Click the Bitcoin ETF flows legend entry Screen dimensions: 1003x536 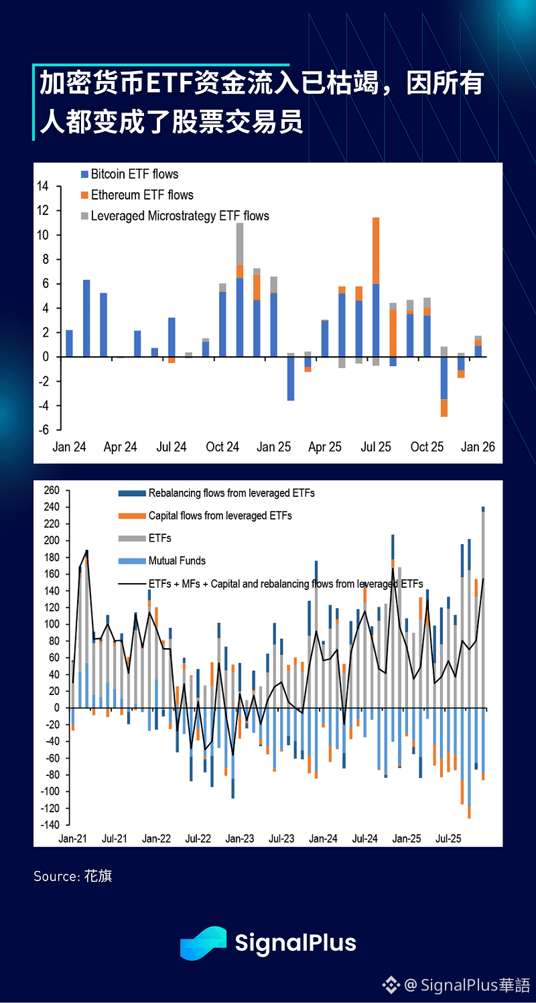(x=134, y=174)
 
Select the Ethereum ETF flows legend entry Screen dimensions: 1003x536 (x=141, y=195)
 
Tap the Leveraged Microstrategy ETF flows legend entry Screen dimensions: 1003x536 (x=180, y=216)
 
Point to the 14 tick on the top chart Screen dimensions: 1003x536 (x=43, y=186)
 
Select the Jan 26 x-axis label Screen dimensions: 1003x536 (x=478, y=447)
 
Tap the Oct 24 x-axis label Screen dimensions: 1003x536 (x=222, y=447)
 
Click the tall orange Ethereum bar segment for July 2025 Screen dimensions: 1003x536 (x=376, y=250)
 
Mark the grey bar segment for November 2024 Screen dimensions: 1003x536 (x=240, y=244)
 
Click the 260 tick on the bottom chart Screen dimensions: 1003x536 (x=52, y=491)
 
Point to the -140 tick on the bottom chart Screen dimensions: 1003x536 (x=50, y=825)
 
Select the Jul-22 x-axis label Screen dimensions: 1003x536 (x=198, y=838)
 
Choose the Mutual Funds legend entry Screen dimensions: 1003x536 (x=177, y=561)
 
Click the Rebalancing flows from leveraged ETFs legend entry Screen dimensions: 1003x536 (x=231, y=493)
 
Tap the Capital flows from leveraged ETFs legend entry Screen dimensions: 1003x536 (x=220, y=516)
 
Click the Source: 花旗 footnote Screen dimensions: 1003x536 (x=72, y=876)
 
